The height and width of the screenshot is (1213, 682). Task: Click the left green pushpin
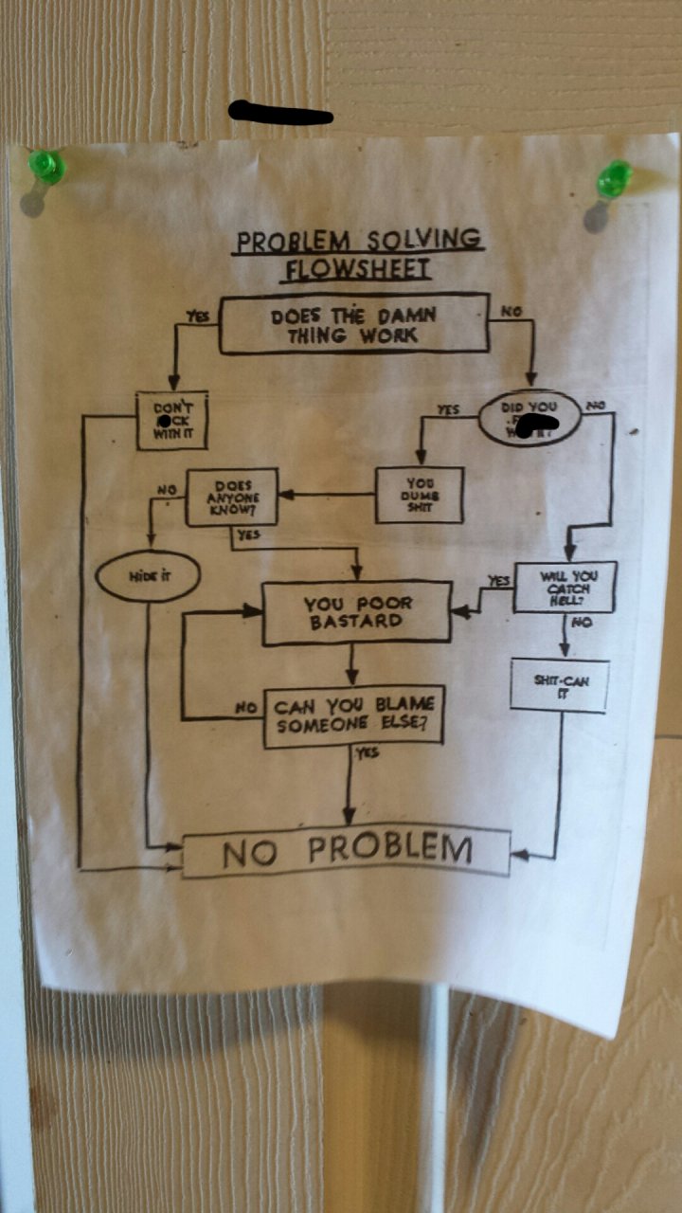point(45,167)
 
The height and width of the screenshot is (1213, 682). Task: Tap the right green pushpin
point(614,177)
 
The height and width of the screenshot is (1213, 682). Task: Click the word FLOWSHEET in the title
point(358,269)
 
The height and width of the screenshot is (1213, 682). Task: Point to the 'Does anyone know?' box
point(232,497)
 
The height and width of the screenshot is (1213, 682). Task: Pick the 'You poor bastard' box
point(356,612)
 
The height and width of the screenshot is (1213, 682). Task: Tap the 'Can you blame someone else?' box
point(353,715)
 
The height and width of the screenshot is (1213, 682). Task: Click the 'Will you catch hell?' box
point(565,588)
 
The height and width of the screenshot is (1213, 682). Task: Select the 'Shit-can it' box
point(559,685)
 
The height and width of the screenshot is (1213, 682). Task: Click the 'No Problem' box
point(347,850)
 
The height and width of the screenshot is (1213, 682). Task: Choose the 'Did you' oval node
point(529,417)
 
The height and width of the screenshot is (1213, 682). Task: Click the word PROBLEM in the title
point(292,242)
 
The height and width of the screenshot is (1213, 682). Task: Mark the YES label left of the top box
point(197,318)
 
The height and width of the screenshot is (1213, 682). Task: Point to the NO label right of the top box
point(511,310)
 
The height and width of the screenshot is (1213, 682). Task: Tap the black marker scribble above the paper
point(280,114)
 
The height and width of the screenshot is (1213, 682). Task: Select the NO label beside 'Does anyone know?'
point(166,490)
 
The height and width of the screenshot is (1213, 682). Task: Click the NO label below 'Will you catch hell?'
point(582,624)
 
